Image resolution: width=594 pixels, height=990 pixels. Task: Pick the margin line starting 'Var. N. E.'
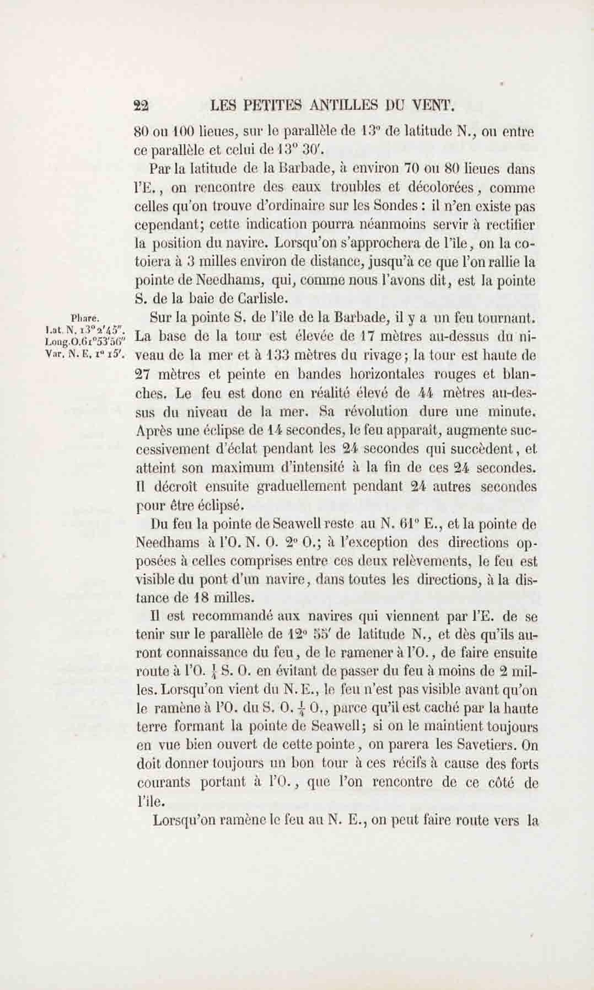click(86, 354)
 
